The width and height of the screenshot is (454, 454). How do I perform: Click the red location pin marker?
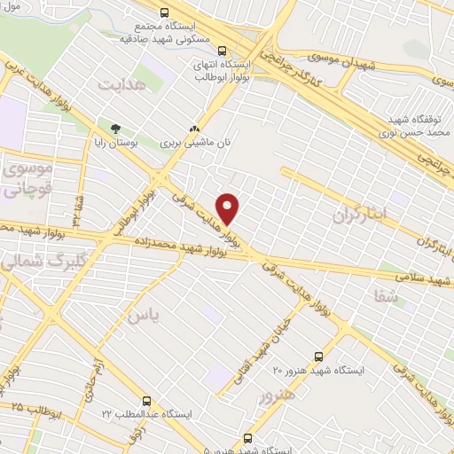tap(229, 208)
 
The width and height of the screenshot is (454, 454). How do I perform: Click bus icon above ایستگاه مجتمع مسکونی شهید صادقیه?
tap(163, 12)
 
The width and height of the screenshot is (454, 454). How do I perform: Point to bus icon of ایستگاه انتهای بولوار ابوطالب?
tap(222, 51)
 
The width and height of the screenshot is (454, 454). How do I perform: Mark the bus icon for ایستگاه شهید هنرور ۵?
tap(247, 438)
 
